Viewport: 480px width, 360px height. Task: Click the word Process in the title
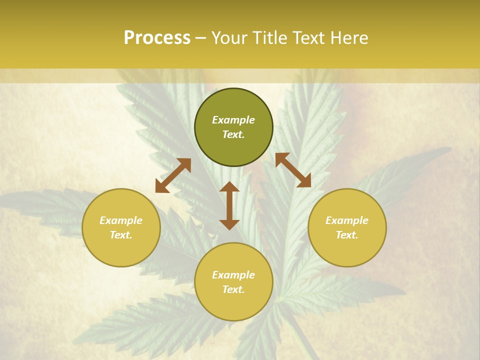157,38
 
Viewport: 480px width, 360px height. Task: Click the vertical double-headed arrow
229,205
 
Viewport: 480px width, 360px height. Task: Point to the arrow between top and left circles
173,175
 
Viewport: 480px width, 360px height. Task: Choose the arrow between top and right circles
293,170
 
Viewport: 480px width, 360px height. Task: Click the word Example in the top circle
233,120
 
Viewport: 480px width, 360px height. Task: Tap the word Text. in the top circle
233,134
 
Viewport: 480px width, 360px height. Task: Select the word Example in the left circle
121,220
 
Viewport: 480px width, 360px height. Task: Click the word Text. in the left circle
121,235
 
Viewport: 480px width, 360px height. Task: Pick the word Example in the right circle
347,220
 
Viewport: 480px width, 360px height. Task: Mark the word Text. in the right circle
347,235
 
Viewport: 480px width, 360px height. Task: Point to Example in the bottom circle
233,275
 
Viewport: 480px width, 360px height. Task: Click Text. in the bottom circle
233,289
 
